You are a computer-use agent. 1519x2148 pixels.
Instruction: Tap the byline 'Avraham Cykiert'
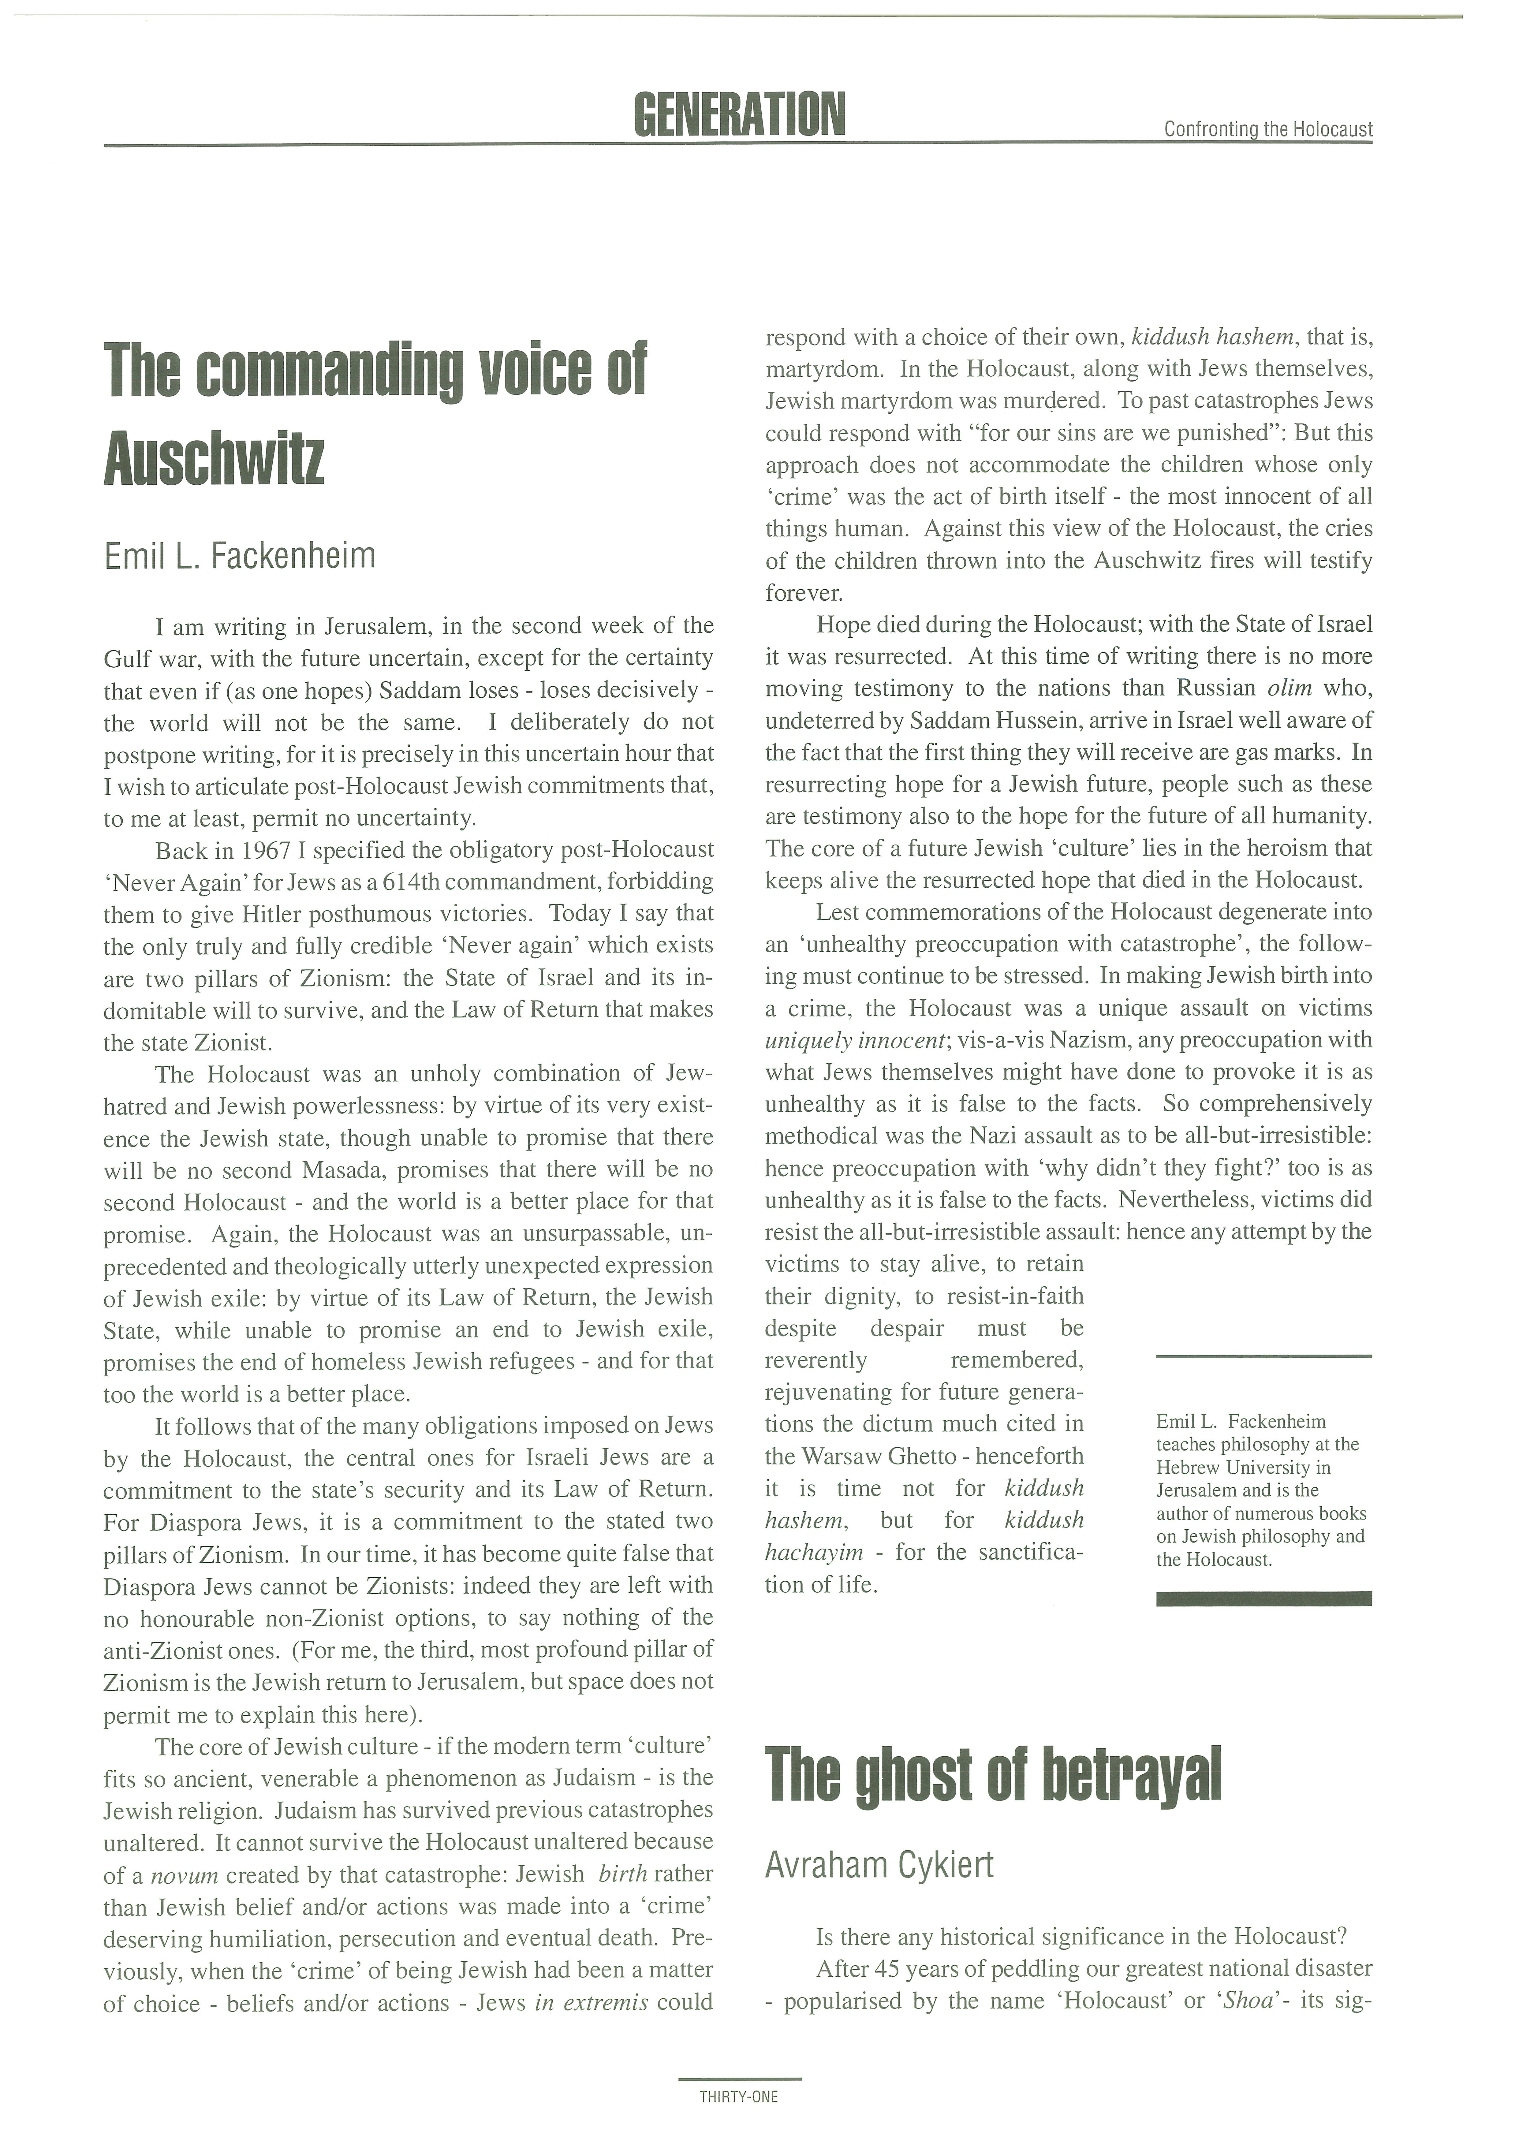tap(879, 1866)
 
